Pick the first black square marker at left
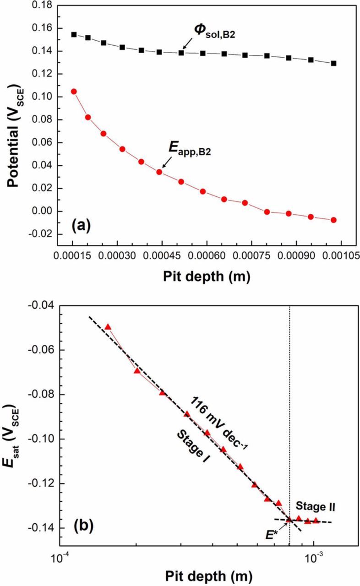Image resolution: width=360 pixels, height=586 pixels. pyautogui.click(x=74, y=34)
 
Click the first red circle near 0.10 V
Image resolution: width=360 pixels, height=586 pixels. pyautogui.click(x=74, y=92)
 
